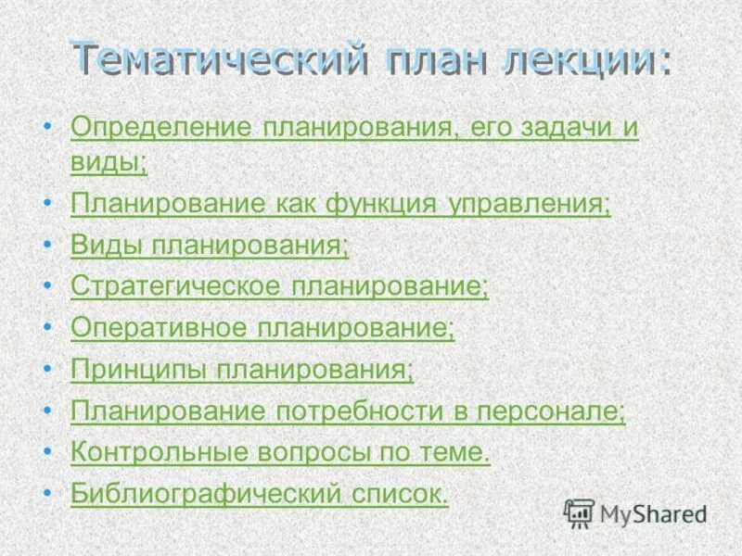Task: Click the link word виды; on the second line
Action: [109, 162]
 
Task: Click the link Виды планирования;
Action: [210, 246]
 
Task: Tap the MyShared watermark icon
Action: [580, 512]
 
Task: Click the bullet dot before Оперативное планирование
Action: [47, 328]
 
